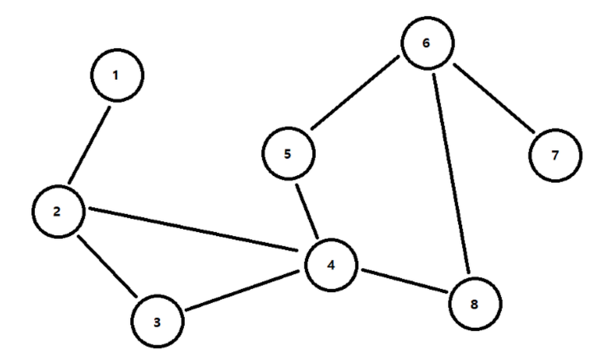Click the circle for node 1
[x=117, y=75]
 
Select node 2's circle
[x=59, y=211]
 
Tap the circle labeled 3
[x=157, y=322]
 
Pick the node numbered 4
[x=331, y=265]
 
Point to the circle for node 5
[x=288, y=154]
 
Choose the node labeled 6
[x=427, y=43]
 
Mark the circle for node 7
[x=555, y=155]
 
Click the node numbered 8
[x=475, y=304]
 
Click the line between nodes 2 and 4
[x=193, y=229]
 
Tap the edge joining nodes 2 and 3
[x=107, y=266]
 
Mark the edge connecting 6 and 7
[x=494, y=99]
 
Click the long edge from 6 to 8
[x=451, y=173]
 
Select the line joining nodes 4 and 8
[x=404, y=281]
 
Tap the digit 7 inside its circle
[x=555, y=155]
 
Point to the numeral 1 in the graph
[x=116, y=76]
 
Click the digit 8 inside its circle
[x=474, y=304]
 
